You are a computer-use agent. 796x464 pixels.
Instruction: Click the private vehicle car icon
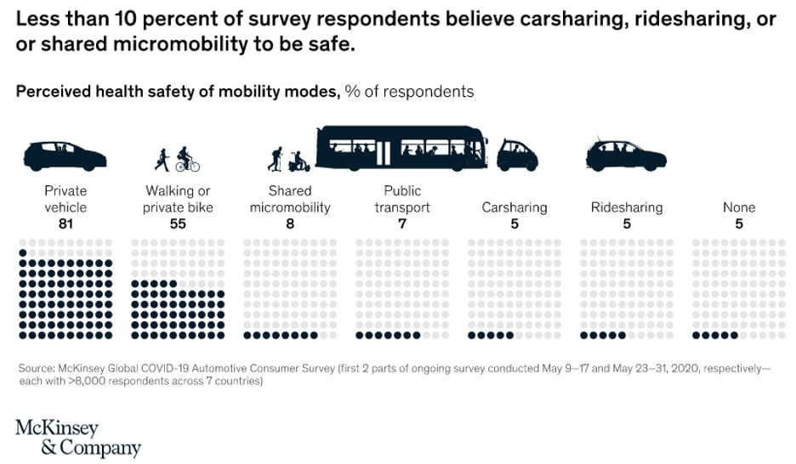(65, 156)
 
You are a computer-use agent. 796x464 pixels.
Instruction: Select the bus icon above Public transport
(401, 147)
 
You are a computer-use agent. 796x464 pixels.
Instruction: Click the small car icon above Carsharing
(517, 156)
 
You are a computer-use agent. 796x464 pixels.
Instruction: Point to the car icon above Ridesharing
(626, 154)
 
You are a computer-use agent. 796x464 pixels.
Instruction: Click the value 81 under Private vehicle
(65, 224)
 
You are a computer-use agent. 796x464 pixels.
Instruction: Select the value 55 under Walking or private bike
(178, 224)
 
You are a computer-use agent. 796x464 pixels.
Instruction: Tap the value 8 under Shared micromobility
(290, 224)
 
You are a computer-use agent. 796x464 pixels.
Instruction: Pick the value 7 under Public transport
(402, 224)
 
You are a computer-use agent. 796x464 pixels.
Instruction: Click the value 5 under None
(738, 224)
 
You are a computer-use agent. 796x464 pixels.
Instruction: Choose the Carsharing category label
(515, 207)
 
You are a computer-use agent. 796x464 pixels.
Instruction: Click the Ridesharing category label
(627, 207)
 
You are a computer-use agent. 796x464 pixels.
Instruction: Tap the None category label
(738, 207)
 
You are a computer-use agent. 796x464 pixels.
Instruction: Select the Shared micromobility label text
(290, 199)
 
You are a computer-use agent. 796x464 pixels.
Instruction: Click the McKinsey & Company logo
(78, 437)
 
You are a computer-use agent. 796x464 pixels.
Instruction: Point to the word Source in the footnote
(36, 368)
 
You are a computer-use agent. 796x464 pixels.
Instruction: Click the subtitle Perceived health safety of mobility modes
(178, 91)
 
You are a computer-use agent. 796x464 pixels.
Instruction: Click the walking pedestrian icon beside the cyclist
(162, 159)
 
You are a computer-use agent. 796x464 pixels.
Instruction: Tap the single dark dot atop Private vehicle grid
(23, 252)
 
